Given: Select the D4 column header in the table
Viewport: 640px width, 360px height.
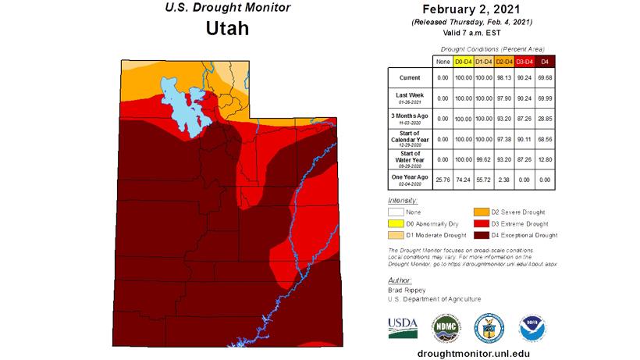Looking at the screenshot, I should coord(545,61).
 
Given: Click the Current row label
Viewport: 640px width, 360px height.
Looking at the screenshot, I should coord(411,78).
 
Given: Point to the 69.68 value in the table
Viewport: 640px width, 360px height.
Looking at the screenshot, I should coord(545,78).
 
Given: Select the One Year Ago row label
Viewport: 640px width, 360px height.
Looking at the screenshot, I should coord(411,179).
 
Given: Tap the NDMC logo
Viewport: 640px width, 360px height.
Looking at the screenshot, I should coord(445,326).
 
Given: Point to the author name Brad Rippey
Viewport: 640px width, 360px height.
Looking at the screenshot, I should coord(407,290).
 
